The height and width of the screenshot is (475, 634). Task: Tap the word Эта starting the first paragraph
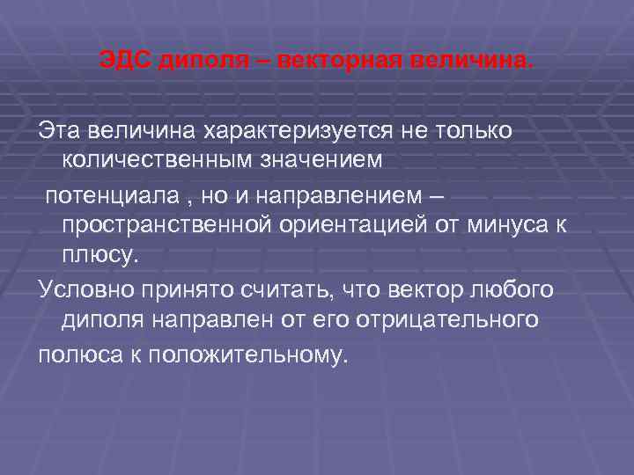58,131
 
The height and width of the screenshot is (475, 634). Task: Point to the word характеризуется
291,131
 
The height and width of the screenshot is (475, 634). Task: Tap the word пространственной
163,224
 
